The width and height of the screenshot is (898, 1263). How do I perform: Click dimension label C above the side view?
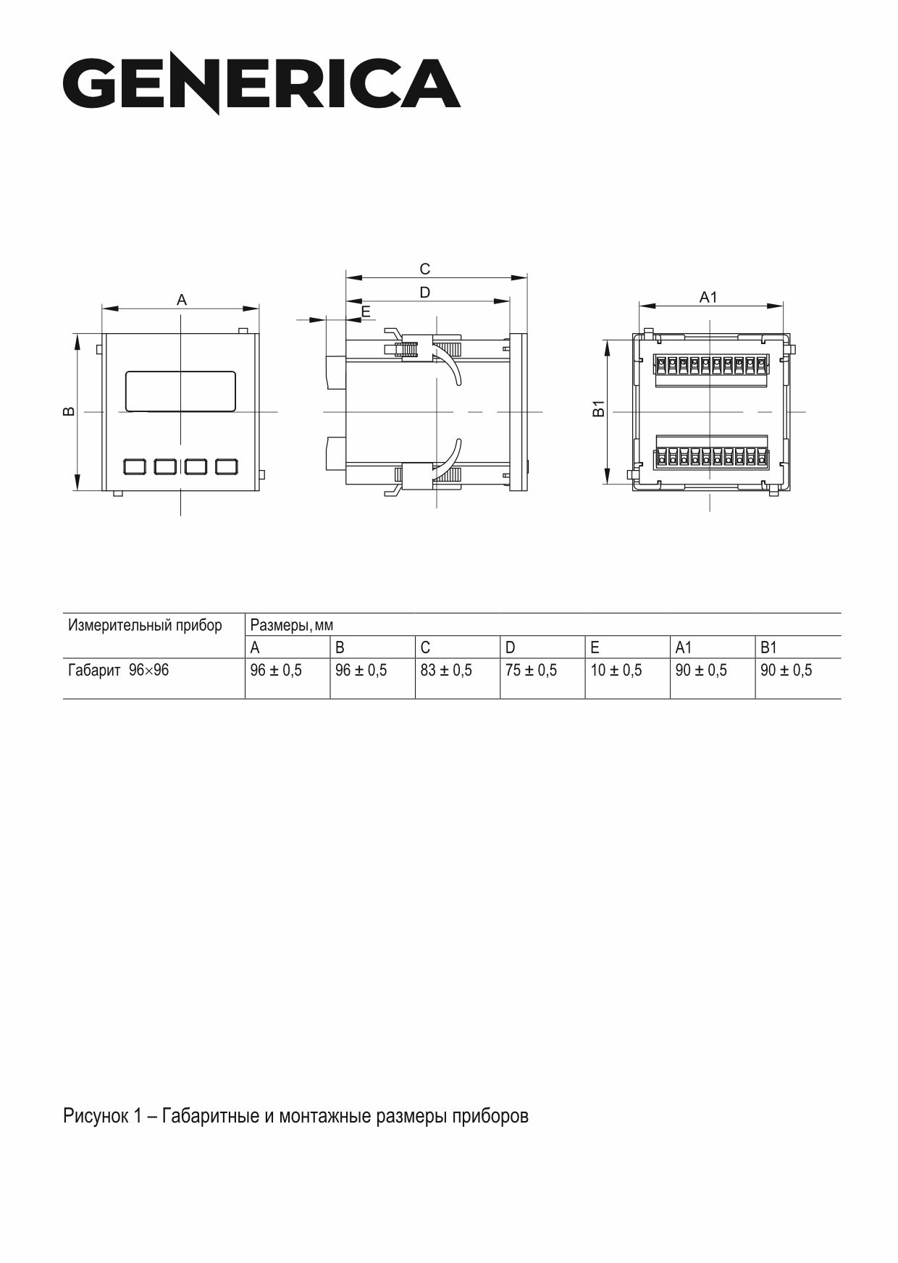click(x=425, y=269)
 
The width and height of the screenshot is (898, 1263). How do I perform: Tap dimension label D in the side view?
click(x=425, y=292)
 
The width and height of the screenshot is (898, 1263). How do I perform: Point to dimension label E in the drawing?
click(x=366, y=312)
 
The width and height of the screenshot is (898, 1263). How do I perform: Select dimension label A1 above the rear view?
click(x=708, y=297)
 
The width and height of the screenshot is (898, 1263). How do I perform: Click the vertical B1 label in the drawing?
click(x=598, y=408)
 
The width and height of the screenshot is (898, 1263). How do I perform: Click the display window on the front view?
click(x=181, y=391)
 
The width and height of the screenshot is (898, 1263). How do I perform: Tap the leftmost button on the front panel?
click(x=135, y=466)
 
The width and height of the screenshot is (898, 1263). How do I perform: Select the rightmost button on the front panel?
click(x=227, y=466)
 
